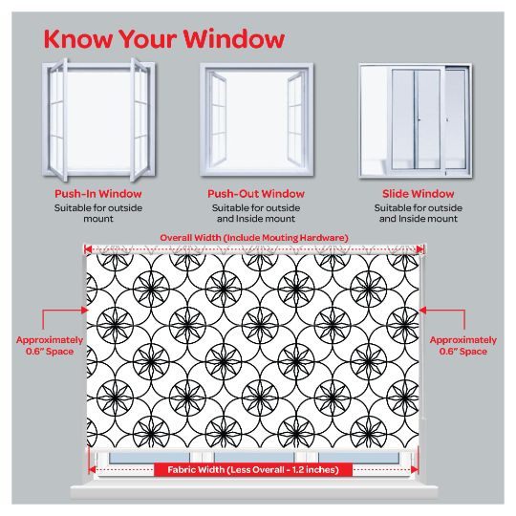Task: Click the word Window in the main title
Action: pyautogui.click(x=234, y=39)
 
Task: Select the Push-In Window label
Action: pyautogui.click(x=98, y=193)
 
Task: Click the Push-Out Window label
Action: pyautogui.click(x=256, y=193)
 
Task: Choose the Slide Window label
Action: pyautogui.click(x=419, y=193)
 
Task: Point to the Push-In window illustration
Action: pyautogui.click(x=98, y=119)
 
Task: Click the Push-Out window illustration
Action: pyautogui.click(x=257, y=119)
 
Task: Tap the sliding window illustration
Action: pyautogui.click(x=416, y=120)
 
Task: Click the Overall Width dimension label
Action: pyautogui.click(x=254, y=238)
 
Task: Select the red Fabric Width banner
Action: pyautogui.click(x=253, y=469)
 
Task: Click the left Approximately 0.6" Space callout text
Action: pyautogui.click(x=50, y=346)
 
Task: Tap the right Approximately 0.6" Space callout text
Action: pyautogui.click(x=463, y=346)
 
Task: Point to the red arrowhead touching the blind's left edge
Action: pyautogui.click(x=85, y=310)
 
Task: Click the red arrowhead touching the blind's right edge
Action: pyautogui.click(x=422, y=310)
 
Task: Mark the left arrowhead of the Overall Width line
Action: pyautogui.click(x=88, y=249)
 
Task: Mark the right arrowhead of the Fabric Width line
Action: pyautogui.click(x=415, y=469)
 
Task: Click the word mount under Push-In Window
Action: pyautogui.click(x=98, y=219)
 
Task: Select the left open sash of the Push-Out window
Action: pyautogui.click(x=218, y=119)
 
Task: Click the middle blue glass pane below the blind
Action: pyautogui.click(x=254, y=458)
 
